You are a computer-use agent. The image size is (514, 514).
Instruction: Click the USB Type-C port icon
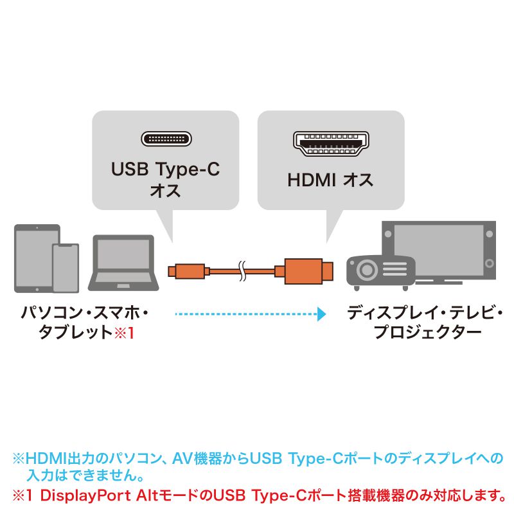pyautogui.click(x=166, y=139)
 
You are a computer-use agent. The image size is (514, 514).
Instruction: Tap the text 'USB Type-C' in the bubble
pyautogui.click(x=166, y=170)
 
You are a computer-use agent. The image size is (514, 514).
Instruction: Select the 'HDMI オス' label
pyautogui.click(x=330, y=181)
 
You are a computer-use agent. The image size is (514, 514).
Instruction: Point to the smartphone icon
pyautogui.click(x=65, y=267)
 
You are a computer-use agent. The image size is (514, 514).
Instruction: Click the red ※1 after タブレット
pyautogui.click(x=125, y=333)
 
